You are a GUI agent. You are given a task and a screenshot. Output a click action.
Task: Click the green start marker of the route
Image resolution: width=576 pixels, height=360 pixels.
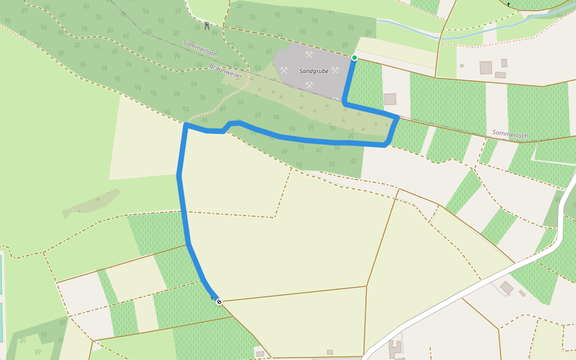pyautogui.click(x=355, y=58)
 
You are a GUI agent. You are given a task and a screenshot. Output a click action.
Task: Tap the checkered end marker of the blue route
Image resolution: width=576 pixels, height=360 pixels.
pyautogui.click(x=219, y=301)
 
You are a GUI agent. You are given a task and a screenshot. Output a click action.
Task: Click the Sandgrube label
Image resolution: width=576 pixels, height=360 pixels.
pyautogui.click(x=314, y=71)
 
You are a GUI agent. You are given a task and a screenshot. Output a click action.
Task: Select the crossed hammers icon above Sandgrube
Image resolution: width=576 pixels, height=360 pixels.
pyautogui.click(x=310, y=55)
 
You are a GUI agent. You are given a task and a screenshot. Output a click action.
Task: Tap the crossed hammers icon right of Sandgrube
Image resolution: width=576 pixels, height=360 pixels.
pyautogui.click(x=335, y=70)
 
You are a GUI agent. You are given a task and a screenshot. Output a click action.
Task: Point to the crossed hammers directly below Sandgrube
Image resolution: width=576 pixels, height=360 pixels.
pyautogui.click(x=309, y=86)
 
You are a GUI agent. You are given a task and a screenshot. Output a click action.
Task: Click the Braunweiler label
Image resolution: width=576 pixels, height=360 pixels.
pyautogui.click(x=226, y=71)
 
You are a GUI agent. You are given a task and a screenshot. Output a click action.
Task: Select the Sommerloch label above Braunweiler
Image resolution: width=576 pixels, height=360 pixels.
pyautogui.click(x=200, y=49)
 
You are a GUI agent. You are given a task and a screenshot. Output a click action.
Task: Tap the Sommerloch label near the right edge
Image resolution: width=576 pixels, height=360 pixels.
pyautogui.click(x=510, y=134)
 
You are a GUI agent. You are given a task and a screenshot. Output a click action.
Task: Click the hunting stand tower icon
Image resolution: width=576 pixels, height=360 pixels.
pyautogui.click(x=207, y=25)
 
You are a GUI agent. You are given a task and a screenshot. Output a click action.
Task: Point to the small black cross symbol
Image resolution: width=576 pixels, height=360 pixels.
pyautogui.click(x=508, y=4)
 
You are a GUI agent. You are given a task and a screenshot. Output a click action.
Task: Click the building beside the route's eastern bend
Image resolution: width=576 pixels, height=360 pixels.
pyautogui.click(x=390, y=99)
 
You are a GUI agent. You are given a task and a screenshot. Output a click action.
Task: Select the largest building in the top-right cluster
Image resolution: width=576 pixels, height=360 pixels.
pyautogui.click(x=485, y=67)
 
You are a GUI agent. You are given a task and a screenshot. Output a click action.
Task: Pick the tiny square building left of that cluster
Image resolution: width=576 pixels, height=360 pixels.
pyautogui.click(x=462, y=65)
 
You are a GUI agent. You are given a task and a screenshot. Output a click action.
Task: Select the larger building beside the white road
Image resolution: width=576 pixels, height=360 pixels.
pyautogui.click(x=506, y=287)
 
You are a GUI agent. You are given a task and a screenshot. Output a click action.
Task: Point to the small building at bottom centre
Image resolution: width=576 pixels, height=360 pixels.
pyautogui.click(x=329, y=352)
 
